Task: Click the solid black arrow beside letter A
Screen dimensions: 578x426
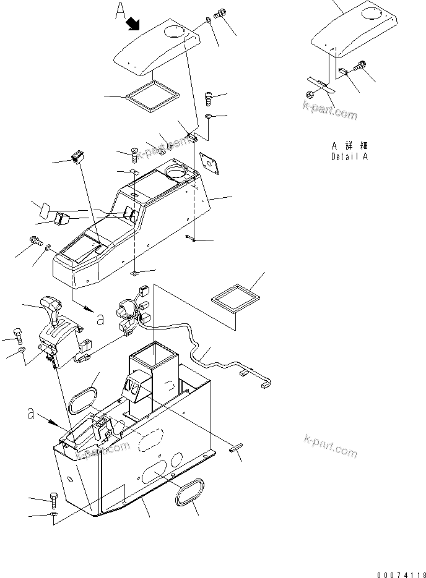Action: [x=133, y=24]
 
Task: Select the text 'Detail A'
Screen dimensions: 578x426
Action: [x=349, y=156]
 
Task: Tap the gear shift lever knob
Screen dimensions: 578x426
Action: [x=51, y=304]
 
